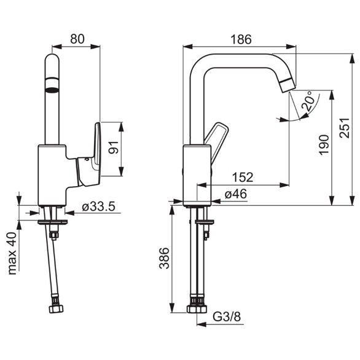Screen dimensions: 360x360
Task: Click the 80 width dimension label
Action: coord(77,39)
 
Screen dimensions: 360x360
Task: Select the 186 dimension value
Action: coord(241,39)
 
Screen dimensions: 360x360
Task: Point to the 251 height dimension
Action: coord(345,128)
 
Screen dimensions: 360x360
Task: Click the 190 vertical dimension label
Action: coord(324,145)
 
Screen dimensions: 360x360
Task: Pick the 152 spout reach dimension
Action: coord(243,177)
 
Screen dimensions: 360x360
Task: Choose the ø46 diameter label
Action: coord(236,194)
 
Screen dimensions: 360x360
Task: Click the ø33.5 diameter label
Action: coord(98,206)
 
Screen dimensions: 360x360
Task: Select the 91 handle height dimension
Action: coord(113,147)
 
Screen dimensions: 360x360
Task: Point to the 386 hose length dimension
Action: coord(165,258)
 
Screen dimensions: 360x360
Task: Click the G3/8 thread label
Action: coord(227,317)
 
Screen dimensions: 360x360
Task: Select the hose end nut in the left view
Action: coord(56,309)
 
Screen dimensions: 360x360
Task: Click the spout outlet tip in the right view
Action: coord(289,85)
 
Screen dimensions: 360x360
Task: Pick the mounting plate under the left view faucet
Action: coord(53,222)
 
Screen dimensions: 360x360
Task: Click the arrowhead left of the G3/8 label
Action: coord(202,324)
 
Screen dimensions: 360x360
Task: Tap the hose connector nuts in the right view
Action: coord(197,309)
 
